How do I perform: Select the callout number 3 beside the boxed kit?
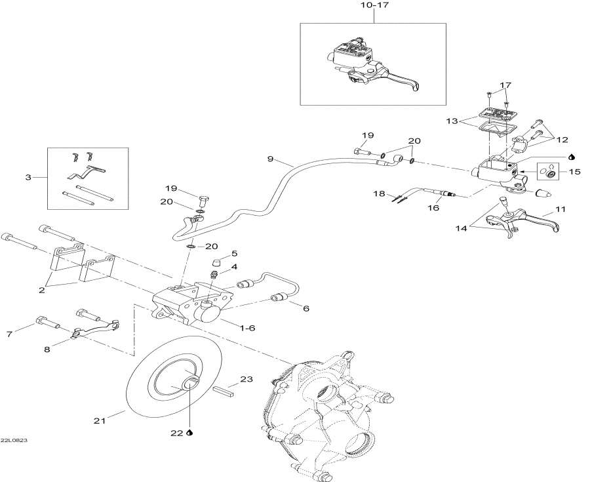27,177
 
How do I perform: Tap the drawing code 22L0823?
14,441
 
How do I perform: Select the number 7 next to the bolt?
9,334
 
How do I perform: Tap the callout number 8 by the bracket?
47,350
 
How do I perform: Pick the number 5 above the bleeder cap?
233,254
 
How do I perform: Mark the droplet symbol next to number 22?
189,433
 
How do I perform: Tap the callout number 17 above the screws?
505,85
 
